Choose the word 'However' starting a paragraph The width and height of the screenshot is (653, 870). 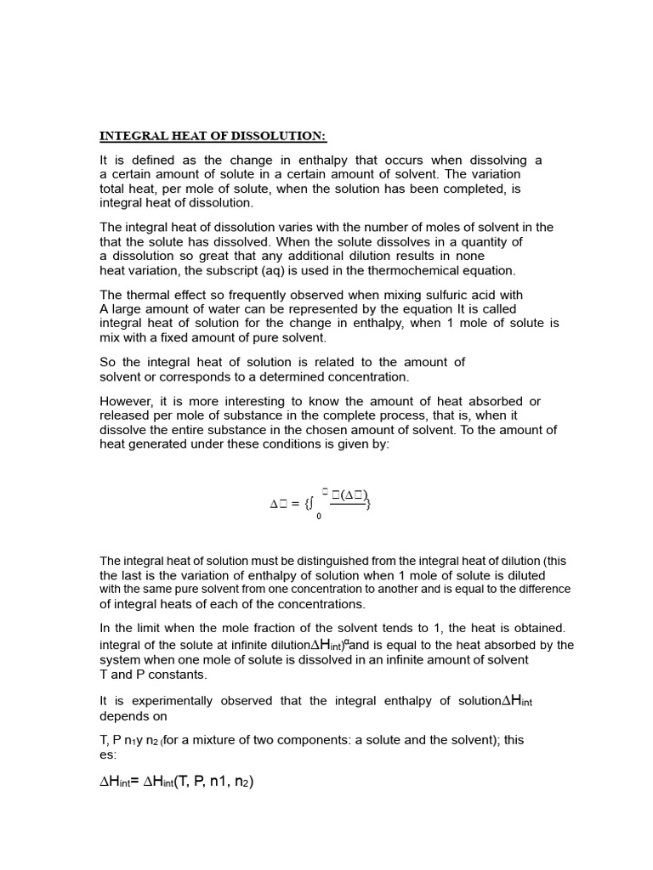126,401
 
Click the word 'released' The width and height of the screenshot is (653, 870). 128,415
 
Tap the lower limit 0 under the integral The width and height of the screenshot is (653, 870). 319,517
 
